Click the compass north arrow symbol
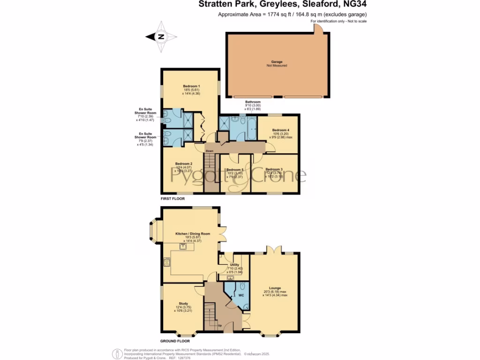(x=160, y=37)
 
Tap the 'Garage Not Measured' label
(x=279, y=64)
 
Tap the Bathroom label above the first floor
(x=253, y=102)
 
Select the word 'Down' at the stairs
(x=210, y=151)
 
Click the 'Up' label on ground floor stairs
(x=220, y=325)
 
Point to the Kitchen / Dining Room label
(x=193, y=233)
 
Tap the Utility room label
(x=235, y=265)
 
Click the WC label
(x=241, y=296)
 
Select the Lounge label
(x=275, y=289)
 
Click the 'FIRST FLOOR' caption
(x=173, y=199)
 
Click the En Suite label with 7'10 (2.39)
(x=145, y=113)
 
